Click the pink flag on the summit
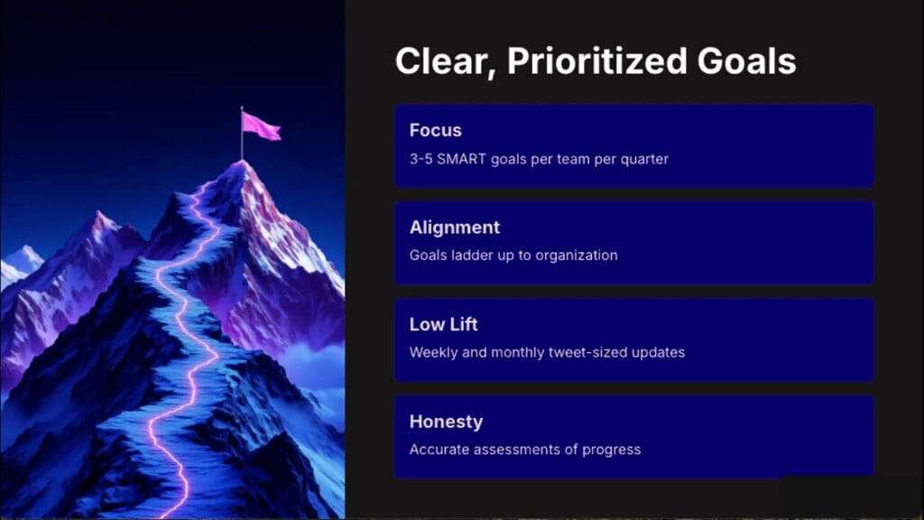coord(261,126)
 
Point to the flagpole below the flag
coord(242,134)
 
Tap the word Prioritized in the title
coord(596,60)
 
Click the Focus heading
coord(436,130)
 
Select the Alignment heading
coord(455,228)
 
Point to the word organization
coord(577,255)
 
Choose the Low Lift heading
coord(443,324)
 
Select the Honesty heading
coord(446,422)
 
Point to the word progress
coord(611,450)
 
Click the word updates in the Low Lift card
coord(658,353)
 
